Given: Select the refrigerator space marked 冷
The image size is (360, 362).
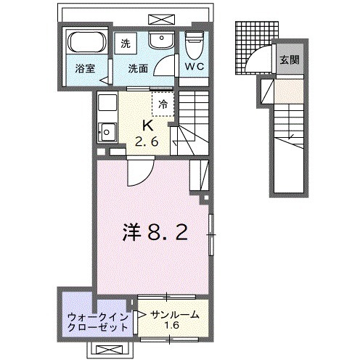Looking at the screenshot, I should click(163, 104).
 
